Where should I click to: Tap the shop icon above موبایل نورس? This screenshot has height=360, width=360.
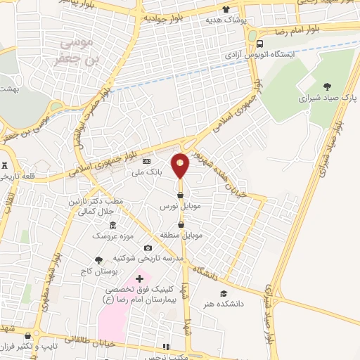(181, 195)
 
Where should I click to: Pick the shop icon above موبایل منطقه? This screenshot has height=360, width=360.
(181, 224)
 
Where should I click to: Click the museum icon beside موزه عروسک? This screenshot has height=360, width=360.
(94, 235)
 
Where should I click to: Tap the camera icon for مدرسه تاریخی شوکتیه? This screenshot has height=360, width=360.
(148, 247)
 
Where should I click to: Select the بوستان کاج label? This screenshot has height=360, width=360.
(109, 271)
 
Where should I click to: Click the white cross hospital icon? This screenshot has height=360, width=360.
(139, 279)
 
